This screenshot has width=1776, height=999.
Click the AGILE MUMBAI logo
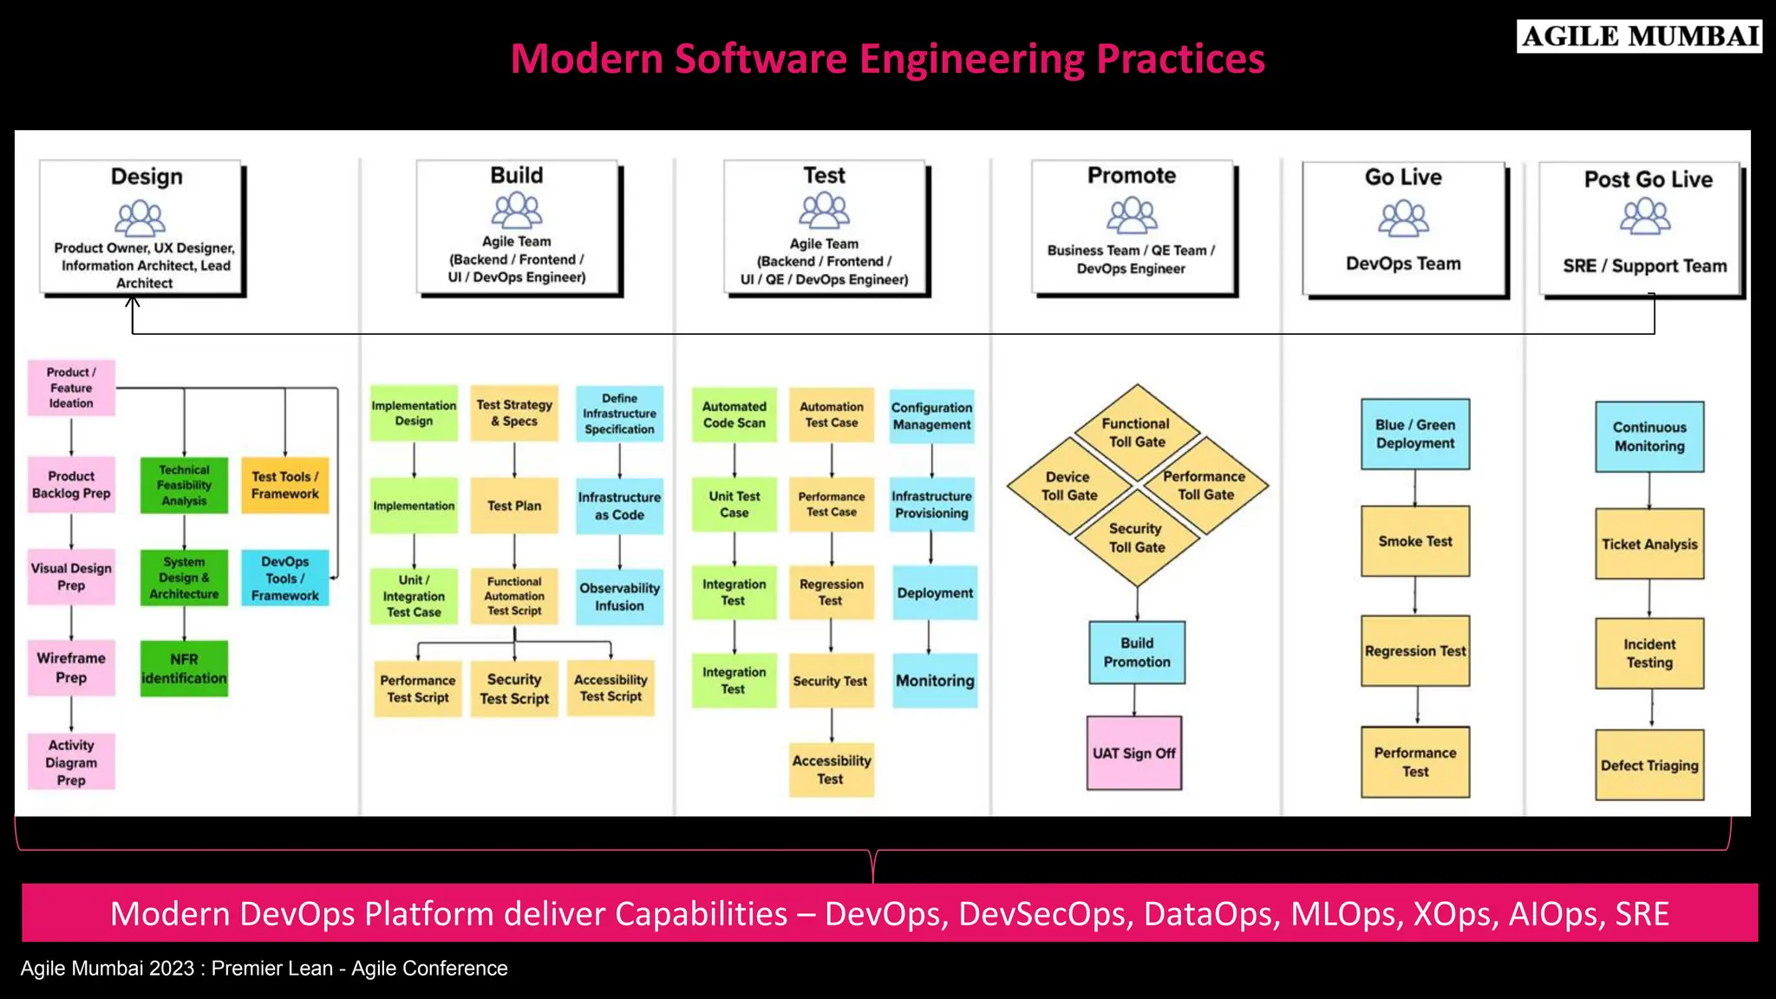pyautogui.click(x=1639, y=36)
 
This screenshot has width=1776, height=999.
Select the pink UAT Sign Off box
pyautogui.click(x=1134, y=753)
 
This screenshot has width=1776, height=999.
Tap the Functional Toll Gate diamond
pyautogui.click(x=1137, y=432)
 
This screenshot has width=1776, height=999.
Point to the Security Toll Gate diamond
pyautogui.click(x=1137, y=538)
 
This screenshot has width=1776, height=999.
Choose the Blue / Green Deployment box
pyautogui.click(x=1415, y=434)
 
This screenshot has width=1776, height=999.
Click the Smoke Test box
pyautogui.click(x=1415, y=541)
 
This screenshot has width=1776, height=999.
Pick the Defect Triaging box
pyautogui.click(x=1649, y=765)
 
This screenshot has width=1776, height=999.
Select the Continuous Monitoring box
pyautogui.click(x=1649, y=436)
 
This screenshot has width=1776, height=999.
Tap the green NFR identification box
pyautogui.click(x=184, y=669)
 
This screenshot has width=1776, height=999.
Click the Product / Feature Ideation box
pyautogui.click(x=71, y=388)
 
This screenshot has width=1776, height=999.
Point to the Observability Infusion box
pyautogui.click(x=619, y=597)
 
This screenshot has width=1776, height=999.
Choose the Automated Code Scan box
pyautogui.click(x=735, y=415)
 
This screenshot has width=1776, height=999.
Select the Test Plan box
pyautogui.click(x=514, y=506)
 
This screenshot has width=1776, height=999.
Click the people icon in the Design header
pyautogui.click(x=140, y=218)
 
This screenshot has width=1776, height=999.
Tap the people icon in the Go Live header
pyautogui.click(x=1403, y=218)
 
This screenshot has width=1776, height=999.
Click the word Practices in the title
pyautogui.click(x=1180, y=59)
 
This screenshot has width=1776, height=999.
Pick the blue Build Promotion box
pyautogui.click(x=1137, y=652)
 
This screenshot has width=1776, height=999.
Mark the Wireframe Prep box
pyautogui.click(x=71, y=668)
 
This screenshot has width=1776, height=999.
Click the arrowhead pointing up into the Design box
pyautogui.click(x=133, y=302)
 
